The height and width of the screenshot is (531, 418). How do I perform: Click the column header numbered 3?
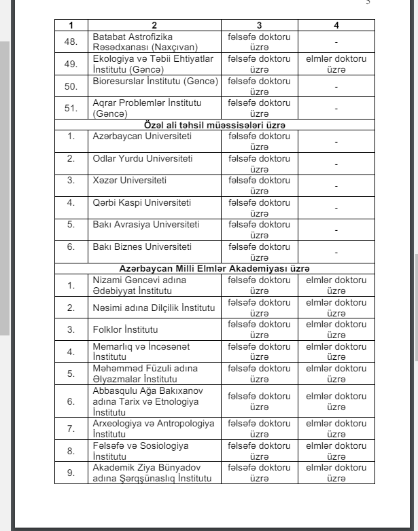pyautogui.click(x=260, y=25)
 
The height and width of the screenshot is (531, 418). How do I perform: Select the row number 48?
pyautogui.click(x=70, y=41)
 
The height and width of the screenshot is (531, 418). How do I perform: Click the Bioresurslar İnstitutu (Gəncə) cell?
pyautogui.click(x=156, y=82)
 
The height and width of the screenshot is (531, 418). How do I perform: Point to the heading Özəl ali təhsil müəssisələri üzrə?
pyautogui.click(x=214, y=125)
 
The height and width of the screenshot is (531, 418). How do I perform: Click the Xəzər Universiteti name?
pyautogui.click(x=130, y=181)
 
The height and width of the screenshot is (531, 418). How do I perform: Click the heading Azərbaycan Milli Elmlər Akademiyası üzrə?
pyautogui.click(x=214, y=269)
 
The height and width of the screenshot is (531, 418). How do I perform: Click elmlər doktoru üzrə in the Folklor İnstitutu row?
pyautogui.click(x=336, y=329)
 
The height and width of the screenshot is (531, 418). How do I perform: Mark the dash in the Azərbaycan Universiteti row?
pyautogui.click(x=336, y=141)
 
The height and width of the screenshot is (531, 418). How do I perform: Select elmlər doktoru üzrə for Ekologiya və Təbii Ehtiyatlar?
pyautogui.click(x=336, y=64)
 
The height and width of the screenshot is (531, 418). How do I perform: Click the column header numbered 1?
pyautogui.click(x=70, y=25)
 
